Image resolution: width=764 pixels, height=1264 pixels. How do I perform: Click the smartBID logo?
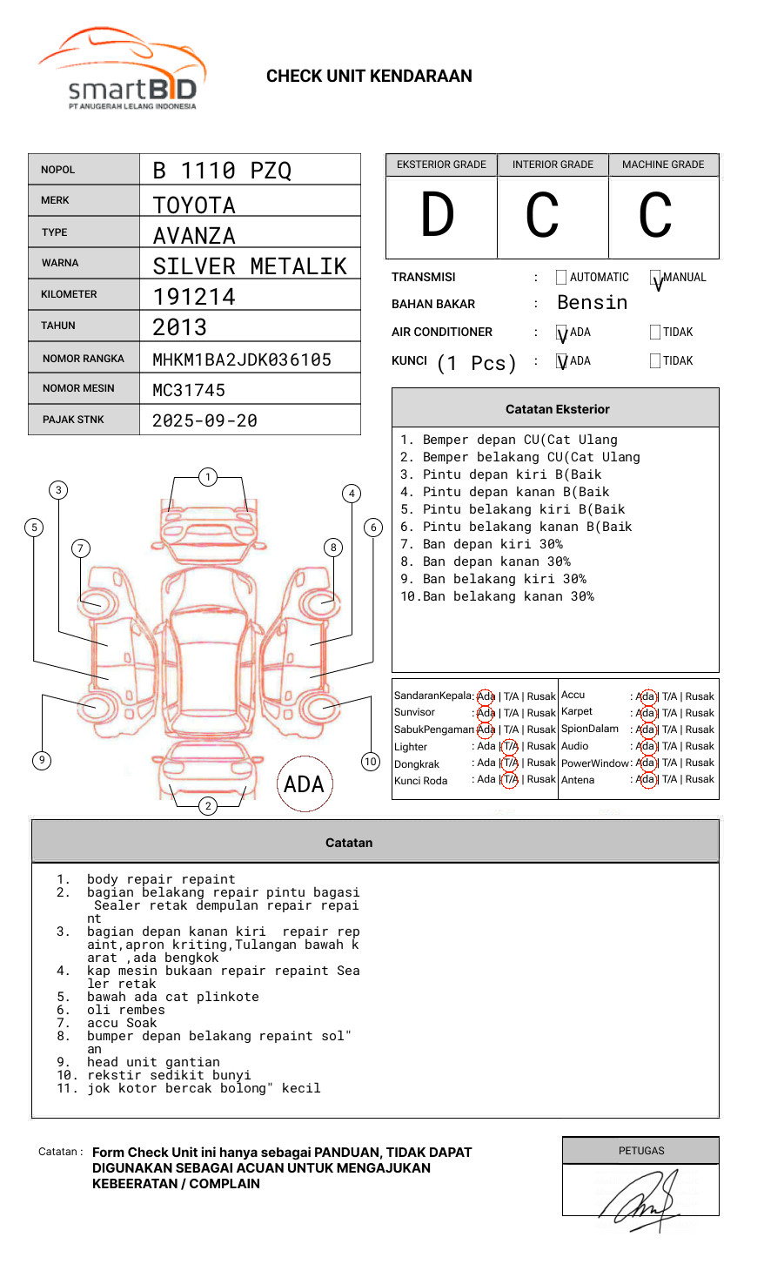[122, 70]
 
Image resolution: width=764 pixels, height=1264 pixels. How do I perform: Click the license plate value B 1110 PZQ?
[222, 171]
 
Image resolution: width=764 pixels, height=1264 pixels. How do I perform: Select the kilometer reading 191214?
[194, 297]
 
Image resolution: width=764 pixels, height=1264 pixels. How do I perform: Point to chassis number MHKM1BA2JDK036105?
[242, 360]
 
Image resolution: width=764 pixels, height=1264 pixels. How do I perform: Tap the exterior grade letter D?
[438, 216]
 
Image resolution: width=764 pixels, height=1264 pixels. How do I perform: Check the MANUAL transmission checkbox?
[655, 278]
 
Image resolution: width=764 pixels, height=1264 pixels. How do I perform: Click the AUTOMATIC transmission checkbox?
[561, 278]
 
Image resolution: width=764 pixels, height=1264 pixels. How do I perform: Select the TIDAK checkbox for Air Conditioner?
[655, 332]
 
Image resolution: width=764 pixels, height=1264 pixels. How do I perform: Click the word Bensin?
[592, 303]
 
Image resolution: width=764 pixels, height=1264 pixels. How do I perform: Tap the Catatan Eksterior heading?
[557, 409]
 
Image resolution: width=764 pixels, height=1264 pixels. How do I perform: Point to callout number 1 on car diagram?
[207, 477]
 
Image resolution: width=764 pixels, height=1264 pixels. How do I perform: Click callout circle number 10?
[371, 762]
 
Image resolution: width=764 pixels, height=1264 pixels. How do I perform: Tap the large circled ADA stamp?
[304, 784]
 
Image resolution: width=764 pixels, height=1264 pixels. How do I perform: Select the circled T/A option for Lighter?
[510, 746]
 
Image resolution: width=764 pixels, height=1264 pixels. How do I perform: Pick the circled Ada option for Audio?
[646, 746]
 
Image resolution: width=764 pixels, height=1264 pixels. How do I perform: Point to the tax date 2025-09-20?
[204, 420]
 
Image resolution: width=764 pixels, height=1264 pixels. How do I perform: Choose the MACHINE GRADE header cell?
[663, 165]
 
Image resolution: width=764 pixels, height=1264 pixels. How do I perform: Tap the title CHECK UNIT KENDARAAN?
[369, 77]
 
